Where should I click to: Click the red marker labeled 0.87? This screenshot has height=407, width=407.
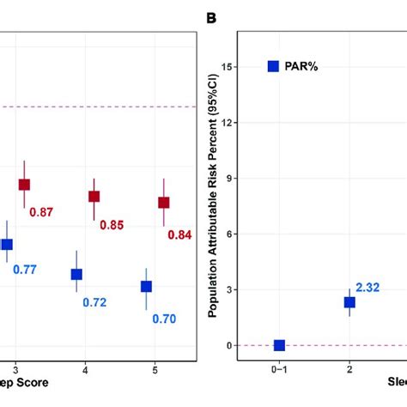[25, 185]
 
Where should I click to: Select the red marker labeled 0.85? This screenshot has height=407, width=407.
[94, 197]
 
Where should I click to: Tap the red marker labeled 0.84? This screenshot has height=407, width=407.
[163, 203]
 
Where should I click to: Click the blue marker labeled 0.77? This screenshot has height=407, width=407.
[7, 245]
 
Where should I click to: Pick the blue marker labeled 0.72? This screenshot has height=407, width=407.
[76, 275]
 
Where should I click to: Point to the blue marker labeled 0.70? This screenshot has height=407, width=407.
[146, 286]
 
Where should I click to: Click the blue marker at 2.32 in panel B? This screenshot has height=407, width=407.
[349, 302]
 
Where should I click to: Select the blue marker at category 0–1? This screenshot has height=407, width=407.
[279, 345]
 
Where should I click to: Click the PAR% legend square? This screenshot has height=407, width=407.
[273, 66]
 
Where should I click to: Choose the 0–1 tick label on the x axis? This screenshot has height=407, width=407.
[279, 368]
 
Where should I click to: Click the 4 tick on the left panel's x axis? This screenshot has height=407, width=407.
[85, 368]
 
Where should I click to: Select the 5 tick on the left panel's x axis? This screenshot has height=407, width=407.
[155, 368]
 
